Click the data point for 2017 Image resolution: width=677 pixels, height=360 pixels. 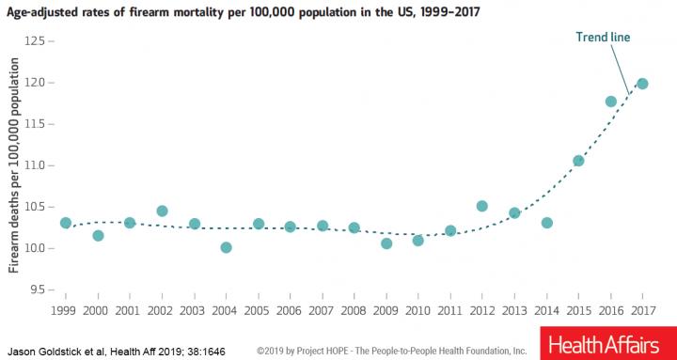coord(642,84)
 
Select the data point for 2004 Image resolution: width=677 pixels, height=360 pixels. coord(226,247)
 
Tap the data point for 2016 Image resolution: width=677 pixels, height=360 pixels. coord(610,102)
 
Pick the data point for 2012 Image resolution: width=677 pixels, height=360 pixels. coord(482,206)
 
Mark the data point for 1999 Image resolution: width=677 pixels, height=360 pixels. coord(66,223)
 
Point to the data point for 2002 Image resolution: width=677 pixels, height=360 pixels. coord(162,211)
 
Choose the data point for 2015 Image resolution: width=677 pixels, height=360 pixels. coord(578,161)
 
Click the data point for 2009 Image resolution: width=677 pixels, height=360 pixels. coord(386,243)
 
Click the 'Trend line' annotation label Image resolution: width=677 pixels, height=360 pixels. coord(602,38)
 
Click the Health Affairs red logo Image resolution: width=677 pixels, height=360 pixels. coord(605,343)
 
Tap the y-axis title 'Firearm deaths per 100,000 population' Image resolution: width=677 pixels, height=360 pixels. coord(14,168)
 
